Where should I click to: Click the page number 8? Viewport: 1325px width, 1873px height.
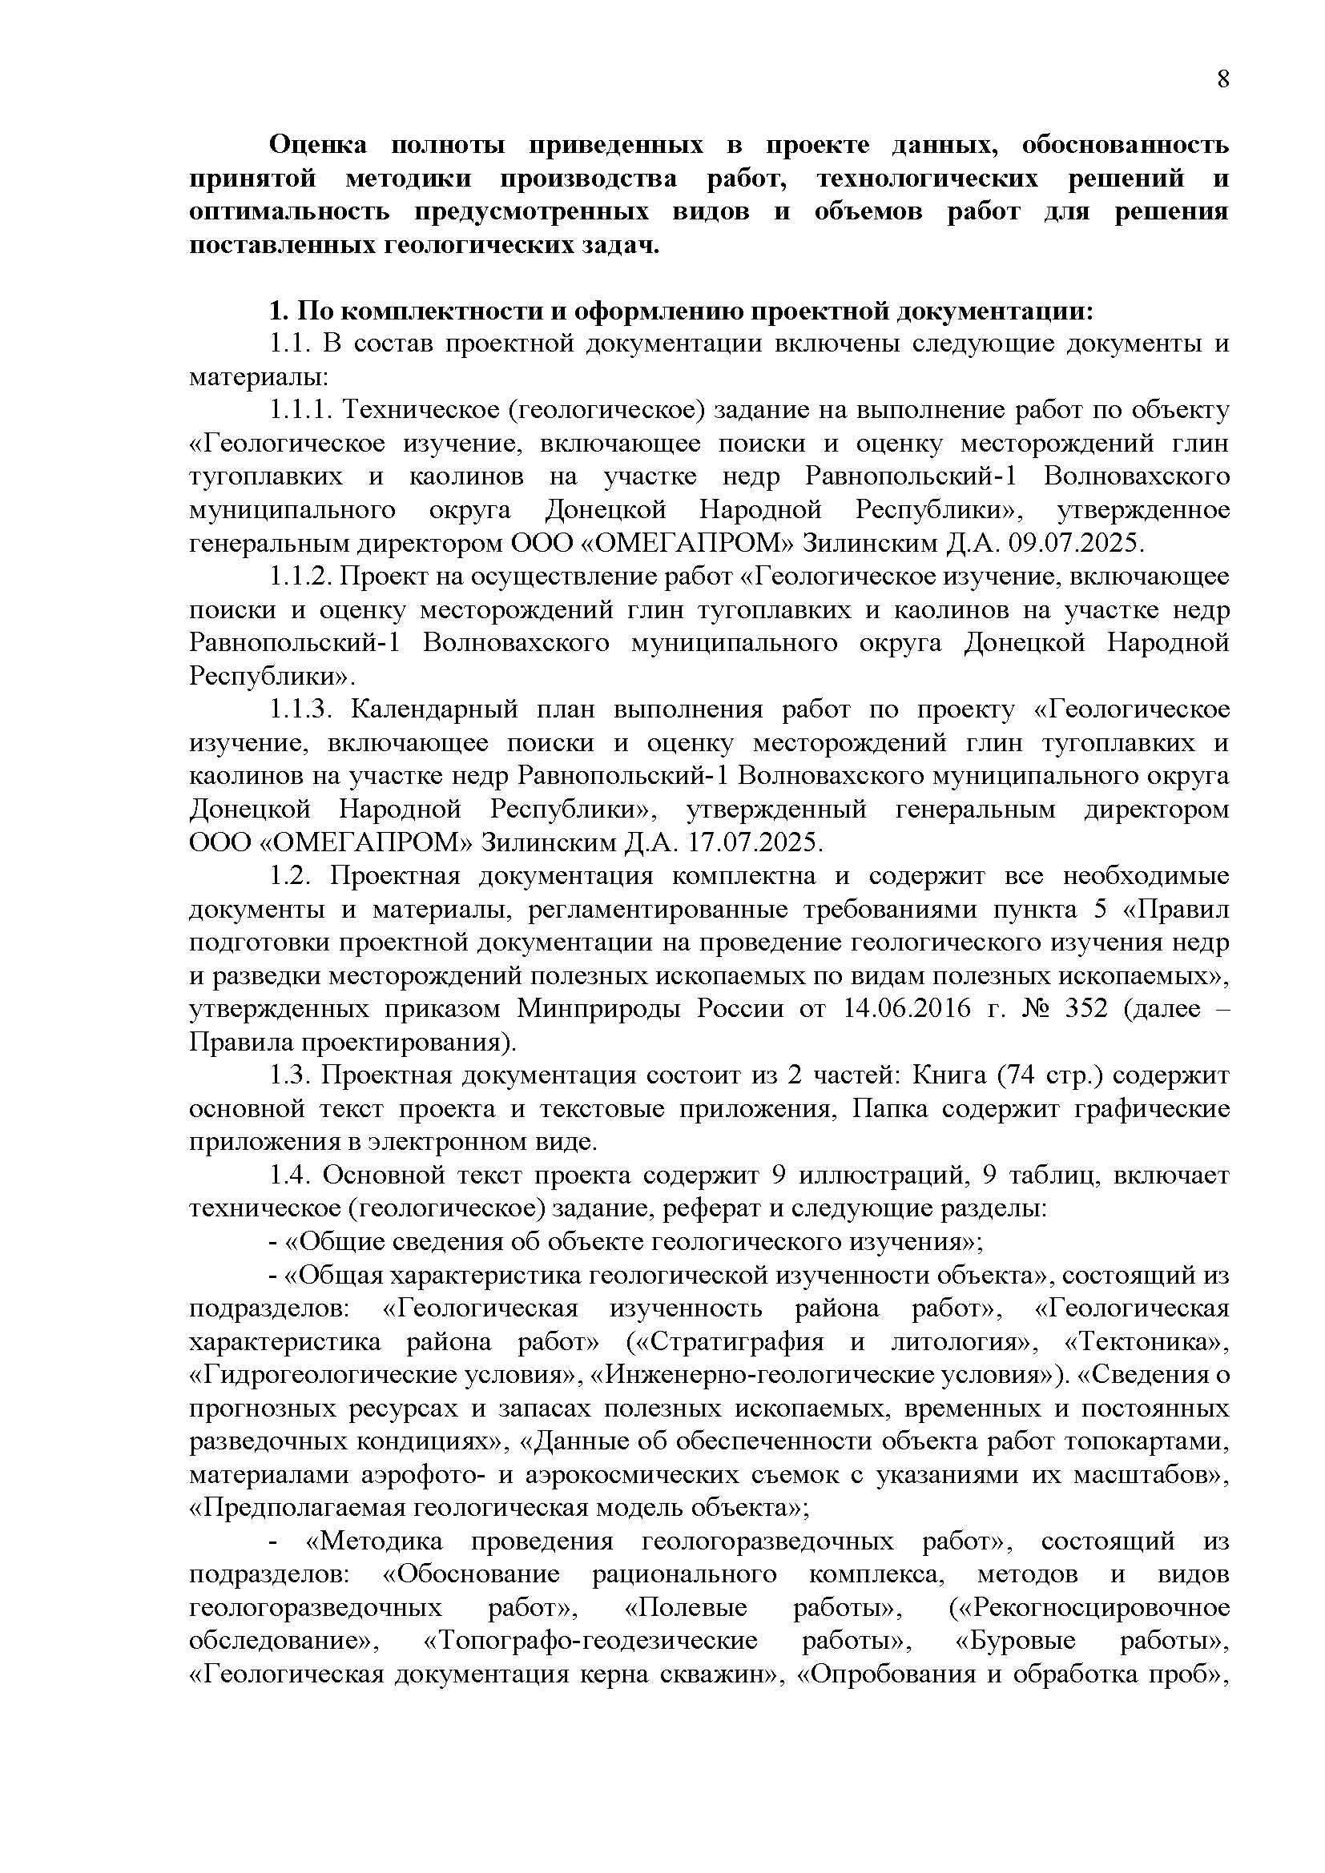1222,79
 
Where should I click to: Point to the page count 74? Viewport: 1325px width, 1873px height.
1023,1076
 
